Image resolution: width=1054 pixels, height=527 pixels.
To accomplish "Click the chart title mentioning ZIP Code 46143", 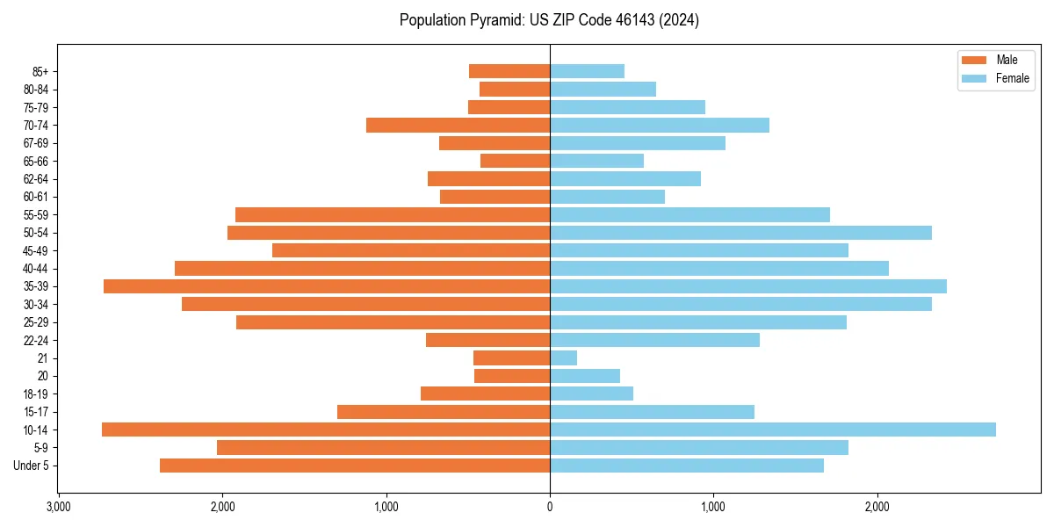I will tap(549, 20).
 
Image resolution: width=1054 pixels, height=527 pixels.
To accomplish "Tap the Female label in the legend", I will tap(1013, 78).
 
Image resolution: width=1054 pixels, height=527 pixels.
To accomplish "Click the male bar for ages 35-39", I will tap(327, 286).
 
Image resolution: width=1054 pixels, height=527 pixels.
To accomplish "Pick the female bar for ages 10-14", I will tap(773, 430).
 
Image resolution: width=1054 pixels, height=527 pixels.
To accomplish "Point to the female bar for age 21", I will tap(563, 357).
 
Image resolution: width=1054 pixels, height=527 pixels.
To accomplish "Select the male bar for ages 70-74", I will tap(458, 125).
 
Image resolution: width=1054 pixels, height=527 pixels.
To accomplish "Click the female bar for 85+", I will tap(587, 71).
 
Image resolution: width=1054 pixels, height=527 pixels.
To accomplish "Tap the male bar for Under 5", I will tap(355, 466).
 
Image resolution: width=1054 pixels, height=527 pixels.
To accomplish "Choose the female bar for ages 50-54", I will tap(740, 233).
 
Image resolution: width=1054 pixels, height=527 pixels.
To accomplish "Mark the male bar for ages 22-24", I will tap(487, 340).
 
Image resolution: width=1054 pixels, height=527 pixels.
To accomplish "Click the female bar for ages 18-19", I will tap(591, 393).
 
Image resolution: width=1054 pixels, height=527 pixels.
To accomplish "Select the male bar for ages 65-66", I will tap(515, 161).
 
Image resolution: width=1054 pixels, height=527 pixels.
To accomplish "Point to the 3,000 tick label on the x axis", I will tap(58, 507).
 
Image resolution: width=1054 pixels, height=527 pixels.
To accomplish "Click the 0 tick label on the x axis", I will tap(550, 507).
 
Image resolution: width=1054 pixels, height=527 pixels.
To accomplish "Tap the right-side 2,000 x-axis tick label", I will tap(877, 507).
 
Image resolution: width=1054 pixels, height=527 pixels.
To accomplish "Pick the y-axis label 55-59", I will tap(36, 215).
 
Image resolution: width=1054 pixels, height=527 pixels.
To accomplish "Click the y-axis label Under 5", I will tap(31, 466).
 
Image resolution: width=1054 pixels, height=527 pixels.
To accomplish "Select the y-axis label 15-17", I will tap(36, 412).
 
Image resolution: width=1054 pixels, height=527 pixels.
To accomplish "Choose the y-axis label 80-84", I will tap(36, 90).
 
